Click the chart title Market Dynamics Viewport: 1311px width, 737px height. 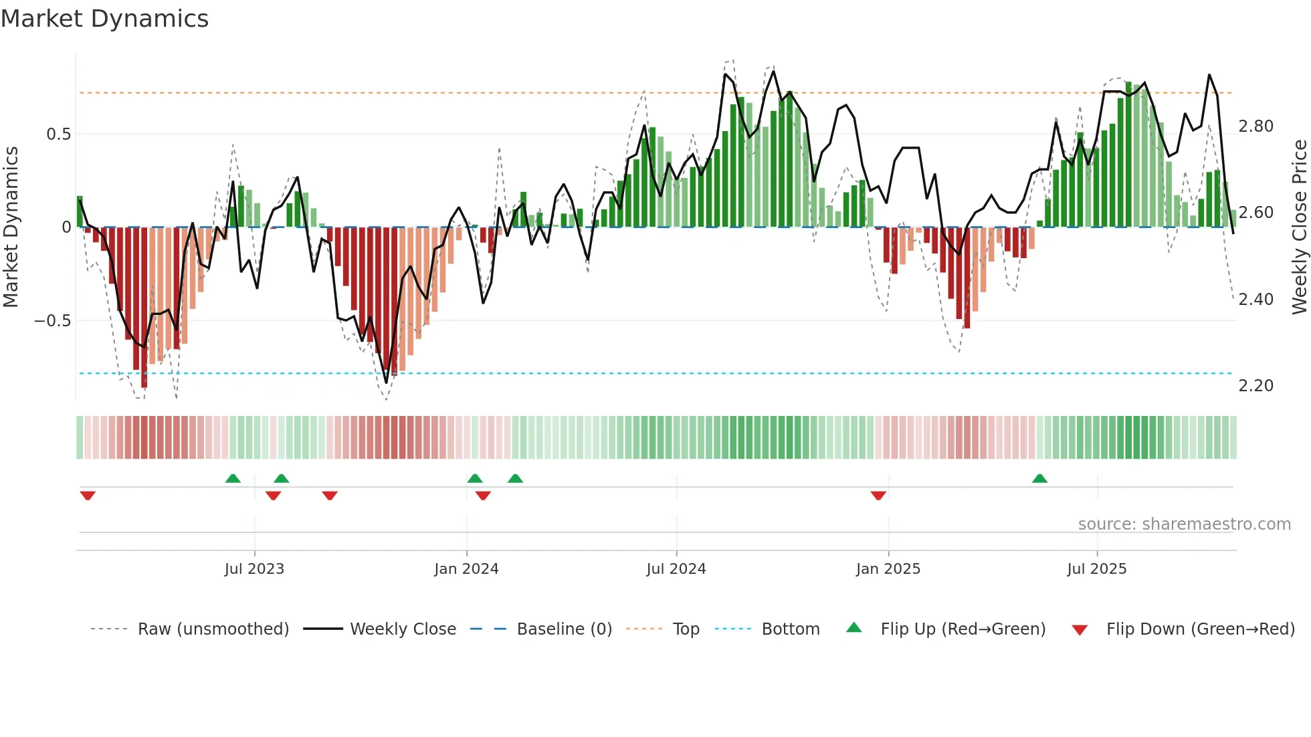point(105,19)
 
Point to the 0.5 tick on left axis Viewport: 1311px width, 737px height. point(58,134)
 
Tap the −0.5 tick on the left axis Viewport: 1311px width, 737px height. point(53,321)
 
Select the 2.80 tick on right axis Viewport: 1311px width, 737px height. point(1255,126)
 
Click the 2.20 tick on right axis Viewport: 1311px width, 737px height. point(1255,386)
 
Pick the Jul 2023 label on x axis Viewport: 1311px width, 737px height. point(254,569)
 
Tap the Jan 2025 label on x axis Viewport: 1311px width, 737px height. point(888,569)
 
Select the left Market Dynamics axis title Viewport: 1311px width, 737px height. point(11,227)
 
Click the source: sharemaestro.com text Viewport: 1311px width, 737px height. point(1184,524)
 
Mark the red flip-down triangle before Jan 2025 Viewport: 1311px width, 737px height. point(878,496)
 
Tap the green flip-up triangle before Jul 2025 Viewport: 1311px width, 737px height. point(1039,479)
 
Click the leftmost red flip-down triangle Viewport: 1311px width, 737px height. point(88,496)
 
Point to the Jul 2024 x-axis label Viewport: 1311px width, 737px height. point(676,569)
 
